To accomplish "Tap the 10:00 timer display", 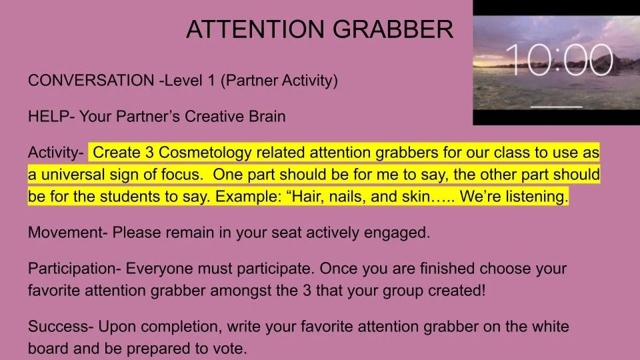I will point(559,61).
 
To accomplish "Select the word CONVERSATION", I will point(90,81).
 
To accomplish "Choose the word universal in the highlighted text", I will point(74,176).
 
